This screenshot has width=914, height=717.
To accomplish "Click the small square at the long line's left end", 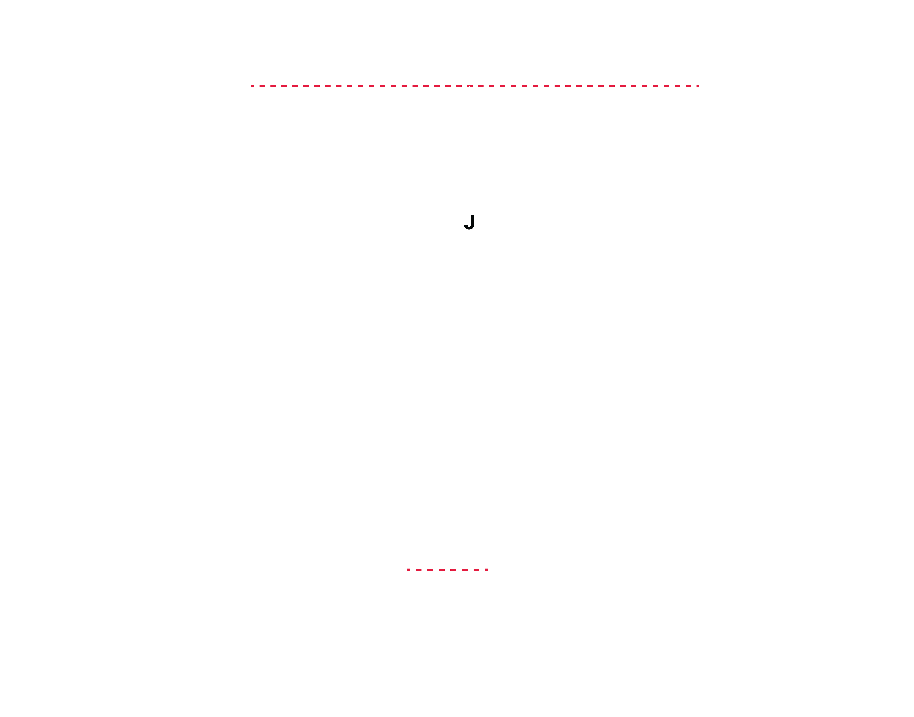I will [253, 86].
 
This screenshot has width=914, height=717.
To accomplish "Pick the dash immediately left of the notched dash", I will [459, 86].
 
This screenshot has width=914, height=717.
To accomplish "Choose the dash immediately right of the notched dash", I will [481, 86].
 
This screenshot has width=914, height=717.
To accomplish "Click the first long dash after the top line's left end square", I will [262, 86].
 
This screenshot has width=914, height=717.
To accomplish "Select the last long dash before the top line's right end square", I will [688, 86].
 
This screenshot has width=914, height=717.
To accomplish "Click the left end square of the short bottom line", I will [408, 570].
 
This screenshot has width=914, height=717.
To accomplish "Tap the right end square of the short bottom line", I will [487, 570].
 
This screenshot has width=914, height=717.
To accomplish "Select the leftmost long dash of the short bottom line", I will [418, 570].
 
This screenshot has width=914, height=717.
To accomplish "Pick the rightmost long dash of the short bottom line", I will [476, 570].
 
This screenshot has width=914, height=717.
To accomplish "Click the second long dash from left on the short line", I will [430, 570].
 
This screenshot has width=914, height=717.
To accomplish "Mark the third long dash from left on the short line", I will [441, 570].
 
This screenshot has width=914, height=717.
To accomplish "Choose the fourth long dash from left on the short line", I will [453, 570].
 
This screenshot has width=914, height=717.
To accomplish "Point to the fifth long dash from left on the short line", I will [465, 570].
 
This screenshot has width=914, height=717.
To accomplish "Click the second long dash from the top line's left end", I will [273, 86].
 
